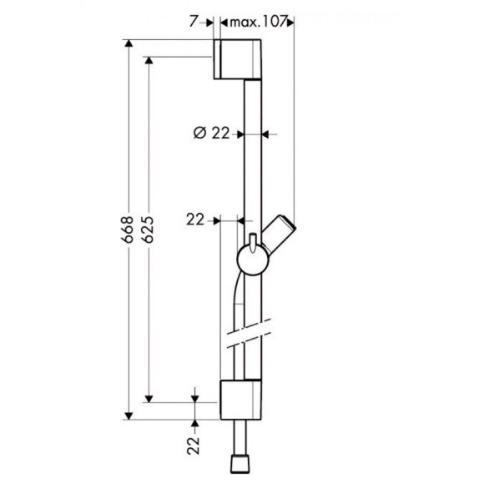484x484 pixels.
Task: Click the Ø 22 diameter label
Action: tap(210, 132)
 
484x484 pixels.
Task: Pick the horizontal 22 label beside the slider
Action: tap(196, 220)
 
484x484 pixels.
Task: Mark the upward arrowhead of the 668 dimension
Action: tap(129, 44)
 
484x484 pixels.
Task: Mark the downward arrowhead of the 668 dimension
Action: tap(129, 412)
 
